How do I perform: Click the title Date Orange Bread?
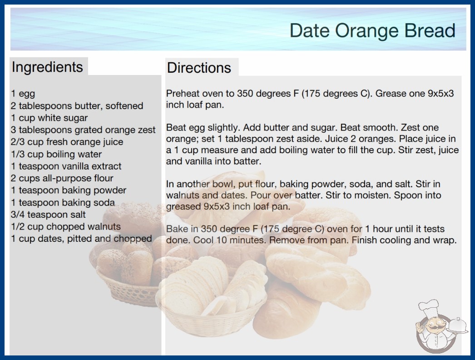pos(372,30)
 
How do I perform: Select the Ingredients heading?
pos(47,67)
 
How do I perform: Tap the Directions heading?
pos(199,68)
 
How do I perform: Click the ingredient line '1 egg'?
pos(23,94)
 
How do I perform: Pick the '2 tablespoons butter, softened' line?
pos(77,105)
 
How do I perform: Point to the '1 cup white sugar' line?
pos(49,118)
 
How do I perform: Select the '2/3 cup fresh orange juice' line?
pos(67,142)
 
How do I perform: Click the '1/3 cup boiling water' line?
pos(56,154)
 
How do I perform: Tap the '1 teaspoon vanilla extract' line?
pos(66,166)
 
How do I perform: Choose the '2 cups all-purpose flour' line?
pos(62,178)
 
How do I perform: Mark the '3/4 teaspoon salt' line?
pos(48,215)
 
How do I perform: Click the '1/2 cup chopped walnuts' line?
pos(66,226)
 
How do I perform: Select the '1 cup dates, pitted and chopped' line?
pos(81,239)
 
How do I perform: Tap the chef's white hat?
pos(429,307)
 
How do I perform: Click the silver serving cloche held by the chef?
pos(458,325)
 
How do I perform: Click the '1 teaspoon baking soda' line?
pos(63,202)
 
